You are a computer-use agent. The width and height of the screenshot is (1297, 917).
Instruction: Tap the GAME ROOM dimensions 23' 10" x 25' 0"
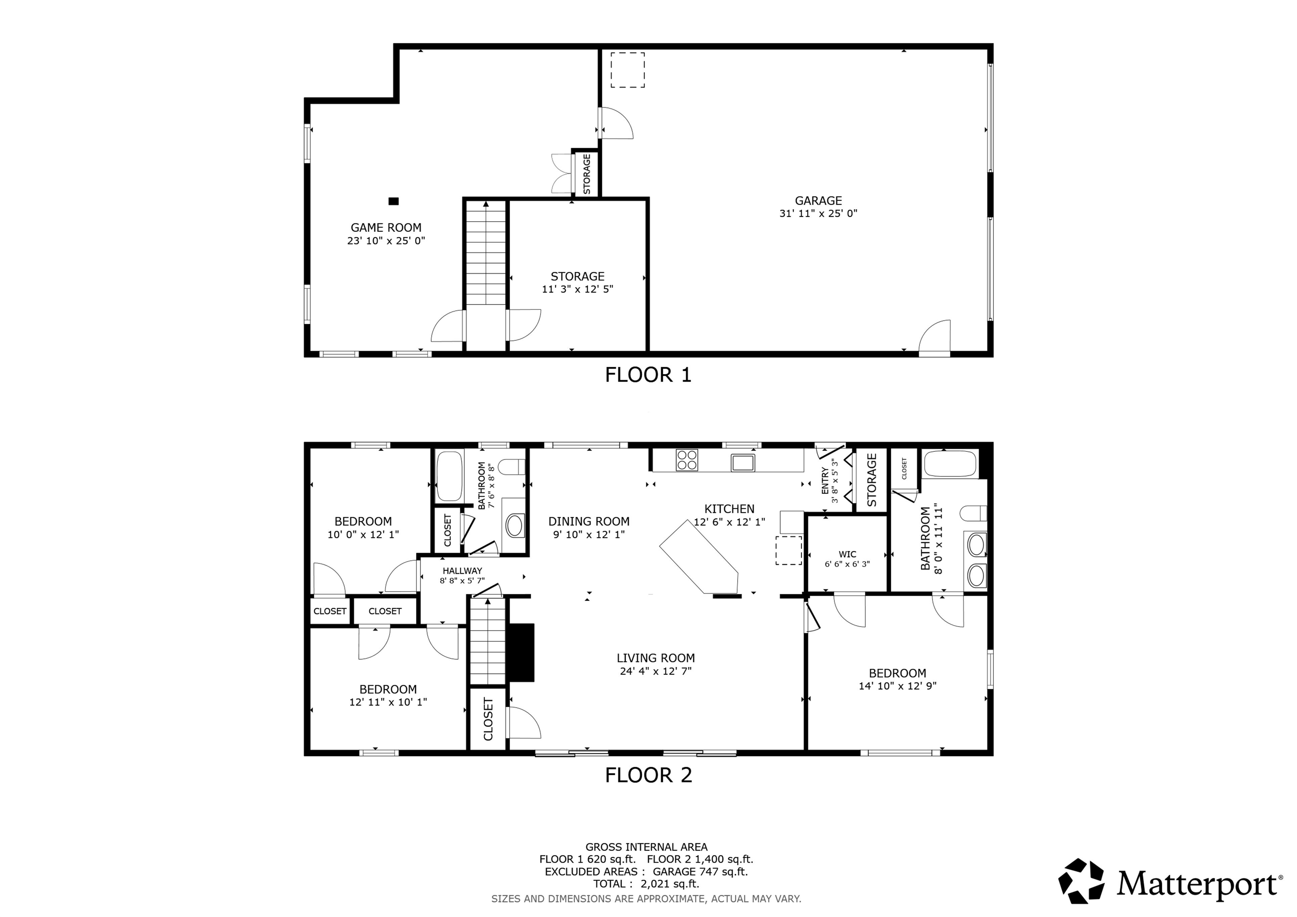386,241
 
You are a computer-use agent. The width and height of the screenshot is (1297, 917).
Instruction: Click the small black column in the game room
394,201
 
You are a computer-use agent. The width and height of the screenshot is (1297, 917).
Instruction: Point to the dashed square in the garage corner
627,70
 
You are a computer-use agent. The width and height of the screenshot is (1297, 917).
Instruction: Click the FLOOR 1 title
648,374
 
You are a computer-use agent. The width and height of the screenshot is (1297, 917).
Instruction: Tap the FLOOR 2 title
648,775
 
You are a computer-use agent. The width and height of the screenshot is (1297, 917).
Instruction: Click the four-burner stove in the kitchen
686,459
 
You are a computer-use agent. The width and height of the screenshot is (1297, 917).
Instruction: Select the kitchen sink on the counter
743,462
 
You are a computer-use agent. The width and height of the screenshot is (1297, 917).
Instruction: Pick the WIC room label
847,554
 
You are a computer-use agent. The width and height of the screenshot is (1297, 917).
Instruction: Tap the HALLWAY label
462,571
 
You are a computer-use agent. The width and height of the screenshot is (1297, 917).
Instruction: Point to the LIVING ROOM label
655,658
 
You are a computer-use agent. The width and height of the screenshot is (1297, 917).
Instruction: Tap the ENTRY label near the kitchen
825,480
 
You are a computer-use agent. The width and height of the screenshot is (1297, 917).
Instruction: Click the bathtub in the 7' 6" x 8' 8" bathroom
450,476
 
